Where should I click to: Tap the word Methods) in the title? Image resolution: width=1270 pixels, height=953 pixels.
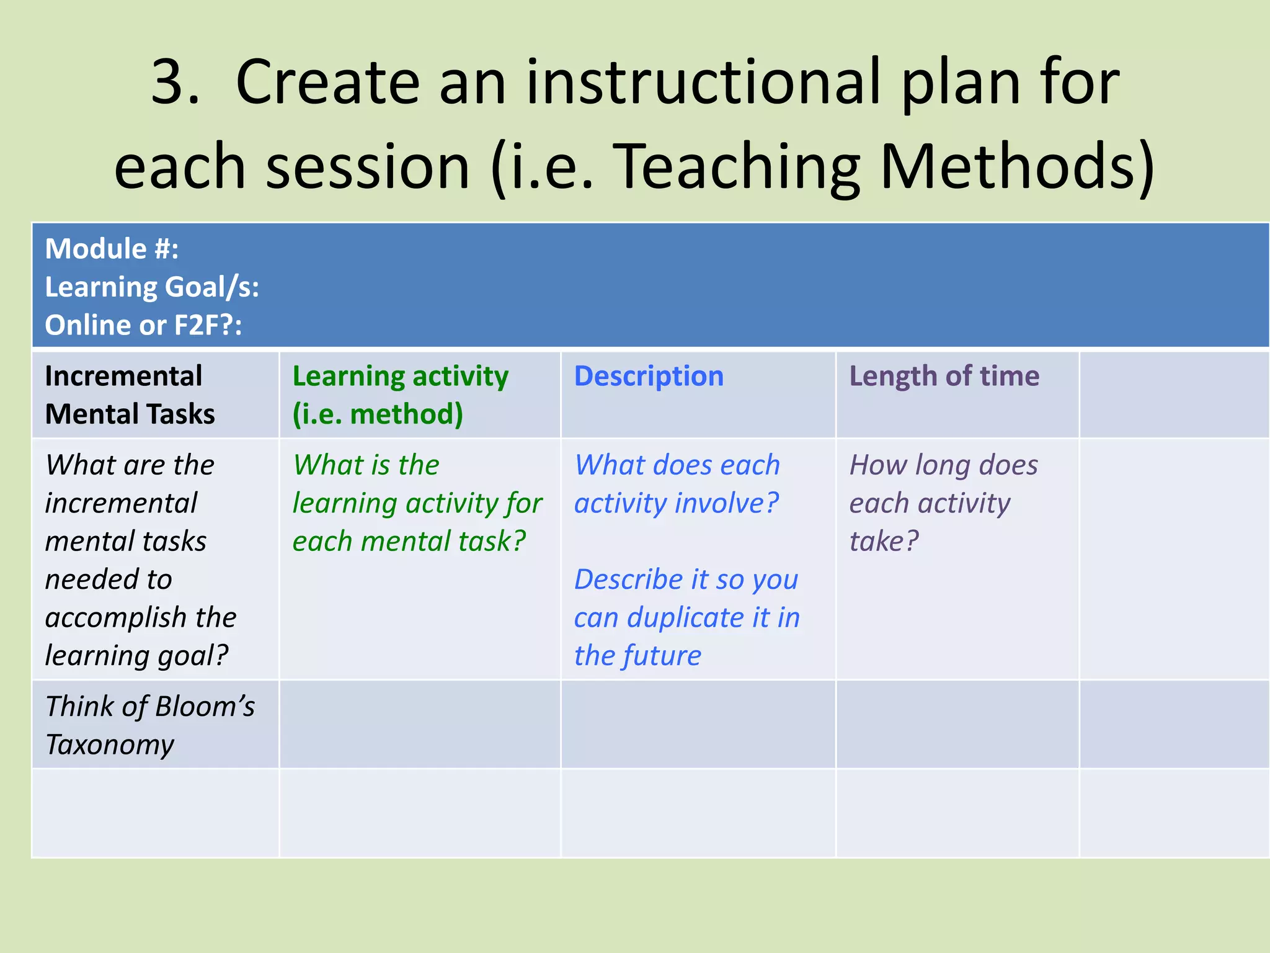pos(1017,166)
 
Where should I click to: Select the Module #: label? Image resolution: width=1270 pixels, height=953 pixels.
pos(112,249)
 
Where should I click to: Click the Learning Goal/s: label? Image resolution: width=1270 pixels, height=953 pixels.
pos(152,287)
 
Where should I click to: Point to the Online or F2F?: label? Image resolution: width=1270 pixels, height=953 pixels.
pos(143,325)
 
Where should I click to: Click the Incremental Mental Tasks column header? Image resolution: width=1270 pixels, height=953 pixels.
pos(130,395)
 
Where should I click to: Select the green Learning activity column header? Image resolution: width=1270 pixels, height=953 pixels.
pos(400,395)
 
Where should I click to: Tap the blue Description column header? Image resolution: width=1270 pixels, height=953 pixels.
pos(649,376)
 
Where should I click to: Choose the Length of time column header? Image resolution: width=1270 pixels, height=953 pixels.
pos(944,376)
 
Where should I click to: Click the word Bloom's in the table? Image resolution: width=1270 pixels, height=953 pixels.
pos(205,706)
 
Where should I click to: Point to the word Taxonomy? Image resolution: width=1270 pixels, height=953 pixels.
pos(110,745)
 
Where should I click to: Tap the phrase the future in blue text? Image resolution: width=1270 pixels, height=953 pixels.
pos(637,656)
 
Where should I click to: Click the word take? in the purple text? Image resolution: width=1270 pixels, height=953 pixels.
pos(884,541)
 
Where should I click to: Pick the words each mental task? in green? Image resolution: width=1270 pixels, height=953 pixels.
pos(409,541)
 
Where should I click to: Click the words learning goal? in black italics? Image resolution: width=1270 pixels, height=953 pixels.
pos(137,656)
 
